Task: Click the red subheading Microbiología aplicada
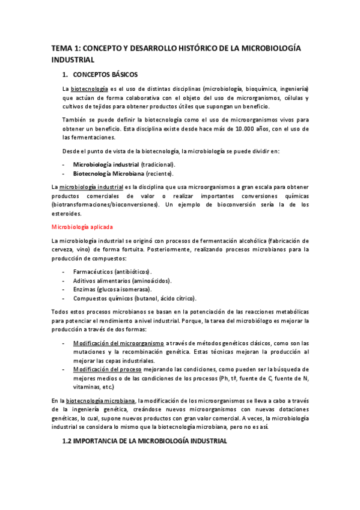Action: (82, 227)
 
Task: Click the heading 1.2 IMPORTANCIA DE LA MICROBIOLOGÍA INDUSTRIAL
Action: (145, 441)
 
